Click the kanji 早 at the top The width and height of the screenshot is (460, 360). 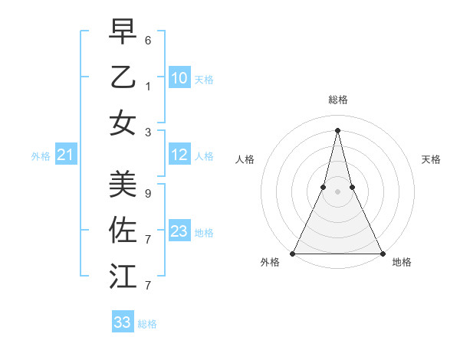(123, 32)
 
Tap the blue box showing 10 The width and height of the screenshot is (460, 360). (179, 78)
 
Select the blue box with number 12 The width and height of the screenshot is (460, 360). (179, 155)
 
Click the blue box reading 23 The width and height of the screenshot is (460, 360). (179, 231)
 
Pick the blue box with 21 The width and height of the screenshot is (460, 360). (66, 155)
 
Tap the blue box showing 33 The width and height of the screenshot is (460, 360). (123, 322)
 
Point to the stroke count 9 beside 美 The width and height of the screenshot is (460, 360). (148, 194)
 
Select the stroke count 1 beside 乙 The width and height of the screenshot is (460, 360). (148, 87)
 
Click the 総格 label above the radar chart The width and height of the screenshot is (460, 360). (337, 100)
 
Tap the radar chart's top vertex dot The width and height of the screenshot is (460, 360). (337, 129)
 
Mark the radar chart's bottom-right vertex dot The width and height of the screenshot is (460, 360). (382, 253)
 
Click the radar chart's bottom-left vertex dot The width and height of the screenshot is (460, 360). (293, 253)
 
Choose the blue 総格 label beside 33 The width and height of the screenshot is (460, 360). (147, 324)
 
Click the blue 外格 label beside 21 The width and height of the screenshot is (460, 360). (41, 156)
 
